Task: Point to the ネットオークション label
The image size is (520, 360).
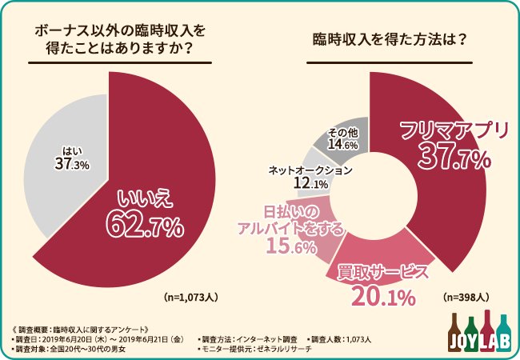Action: (x=310, y=170)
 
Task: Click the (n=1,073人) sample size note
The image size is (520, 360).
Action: (x=191, y=295)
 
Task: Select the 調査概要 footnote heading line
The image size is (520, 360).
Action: (x=77, y=328)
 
